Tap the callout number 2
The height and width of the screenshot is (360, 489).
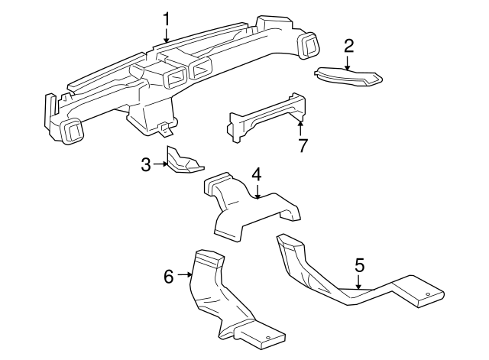click(x=348, y=45)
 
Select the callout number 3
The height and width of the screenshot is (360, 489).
click(x=146, y=164)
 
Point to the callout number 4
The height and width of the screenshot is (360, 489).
click(x=257, y=174)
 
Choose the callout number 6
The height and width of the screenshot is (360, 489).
click(x=170, y=275)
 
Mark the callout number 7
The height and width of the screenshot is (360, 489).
click(x=303, y=145)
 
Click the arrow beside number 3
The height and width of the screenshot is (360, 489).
click(x=160, y=164)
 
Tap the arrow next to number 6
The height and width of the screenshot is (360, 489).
click(x=184, y=275)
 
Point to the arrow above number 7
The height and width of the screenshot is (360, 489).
click(x=301, y=126)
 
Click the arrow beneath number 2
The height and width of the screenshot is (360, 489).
click(x=348, y=63)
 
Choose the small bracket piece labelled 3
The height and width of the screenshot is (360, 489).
click(x=184, y=162)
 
